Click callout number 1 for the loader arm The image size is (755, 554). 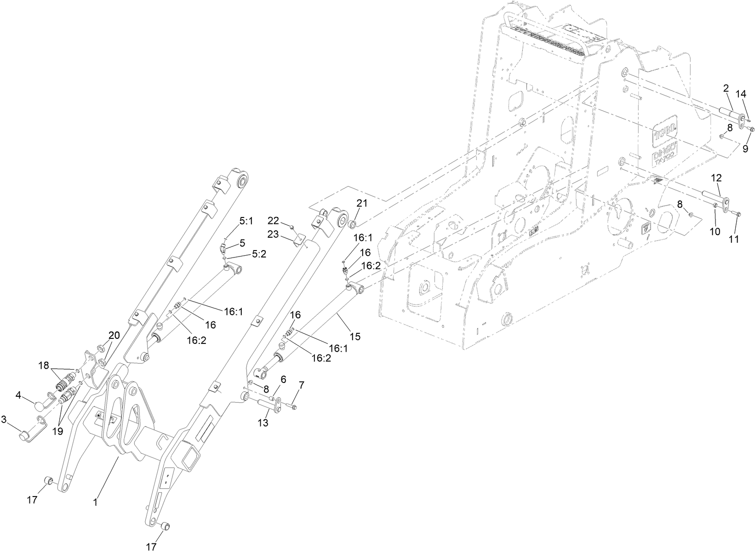click(x=95, y=503)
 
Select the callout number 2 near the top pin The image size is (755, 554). click(x=726, y=88)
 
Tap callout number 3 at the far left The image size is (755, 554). click(x=4, y=419)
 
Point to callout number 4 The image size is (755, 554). click(x=18, y=394)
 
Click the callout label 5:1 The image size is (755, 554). click(x=246, y=221)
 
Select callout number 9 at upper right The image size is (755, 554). click(x=745, y=148)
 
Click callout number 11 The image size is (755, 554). click(x=734, y=239)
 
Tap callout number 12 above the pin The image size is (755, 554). click(x=717, y=177)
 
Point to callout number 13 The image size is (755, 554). click(x=263, y=423)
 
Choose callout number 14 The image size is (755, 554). click(x=741, y=94)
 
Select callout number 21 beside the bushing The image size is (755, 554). click(x=362, y=204)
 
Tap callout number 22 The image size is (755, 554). click(x=274, y=220)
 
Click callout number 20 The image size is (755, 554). click(x=114, y=335)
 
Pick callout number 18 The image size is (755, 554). click(x=44, y=365)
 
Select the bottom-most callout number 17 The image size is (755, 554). click(x=151, y=547)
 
